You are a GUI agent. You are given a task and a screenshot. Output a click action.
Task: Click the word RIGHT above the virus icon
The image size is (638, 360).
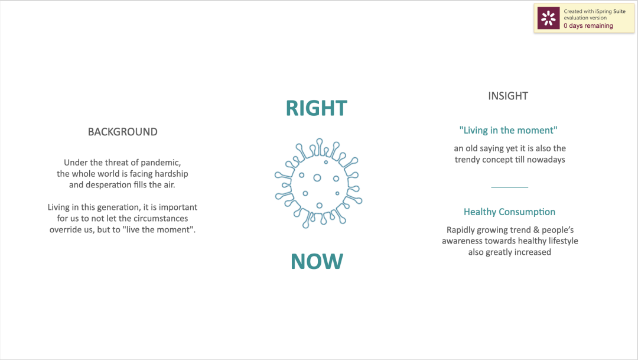click(x=317, y=108)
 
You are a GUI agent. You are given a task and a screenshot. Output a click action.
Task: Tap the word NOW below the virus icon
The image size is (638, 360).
click(x=317, y=261)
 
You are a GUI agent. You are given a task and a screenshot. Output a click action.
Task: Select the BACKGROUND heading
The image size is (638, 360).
click(x=122, y=132)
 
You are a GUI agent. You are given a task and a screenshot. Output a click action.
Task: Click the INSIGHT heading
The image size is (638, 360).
click(x=508, y=96)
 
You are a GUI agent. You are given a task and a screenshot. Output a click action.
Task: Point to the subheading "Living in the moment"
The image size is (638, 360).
click(x=508, y=130)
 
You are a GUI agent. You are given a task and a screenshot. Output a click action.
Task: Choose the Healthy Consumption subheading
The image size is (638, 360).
click(x=509, y=212)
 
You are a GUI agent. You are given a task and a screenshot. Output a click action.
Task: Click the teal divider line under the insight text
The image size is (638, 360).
click(x=509, y=187)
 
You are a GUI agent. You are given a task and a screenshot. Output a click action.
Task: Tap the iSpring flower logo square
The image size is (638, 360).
click(x=548, y=18)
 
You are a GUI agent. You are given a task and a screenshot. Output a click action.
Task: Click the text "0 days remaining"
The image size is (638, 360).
click(x=588, y=25)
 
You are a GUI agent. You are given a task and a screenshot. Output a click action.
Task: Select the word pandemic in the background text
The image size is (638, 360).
click(x=161, y=163)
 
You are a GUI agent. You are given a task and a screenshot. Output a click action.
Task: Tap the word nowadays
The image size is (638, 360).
click(x=546, y=160)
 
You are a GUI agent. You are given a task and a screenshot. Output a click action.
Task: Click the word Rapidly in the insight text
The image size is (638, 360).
click(x=461, y=230)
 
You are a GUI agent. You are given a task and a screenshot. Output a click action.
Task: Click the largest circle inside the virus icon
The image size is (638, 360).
click(x=317, y=178)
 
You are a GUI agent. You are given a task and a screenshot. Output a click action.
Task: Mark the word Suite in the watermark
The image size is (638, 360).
click(x=619, y=11)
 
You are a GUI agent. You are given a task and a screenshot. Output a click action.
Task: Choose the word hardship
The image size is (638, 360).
click(x=171, y=174)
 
